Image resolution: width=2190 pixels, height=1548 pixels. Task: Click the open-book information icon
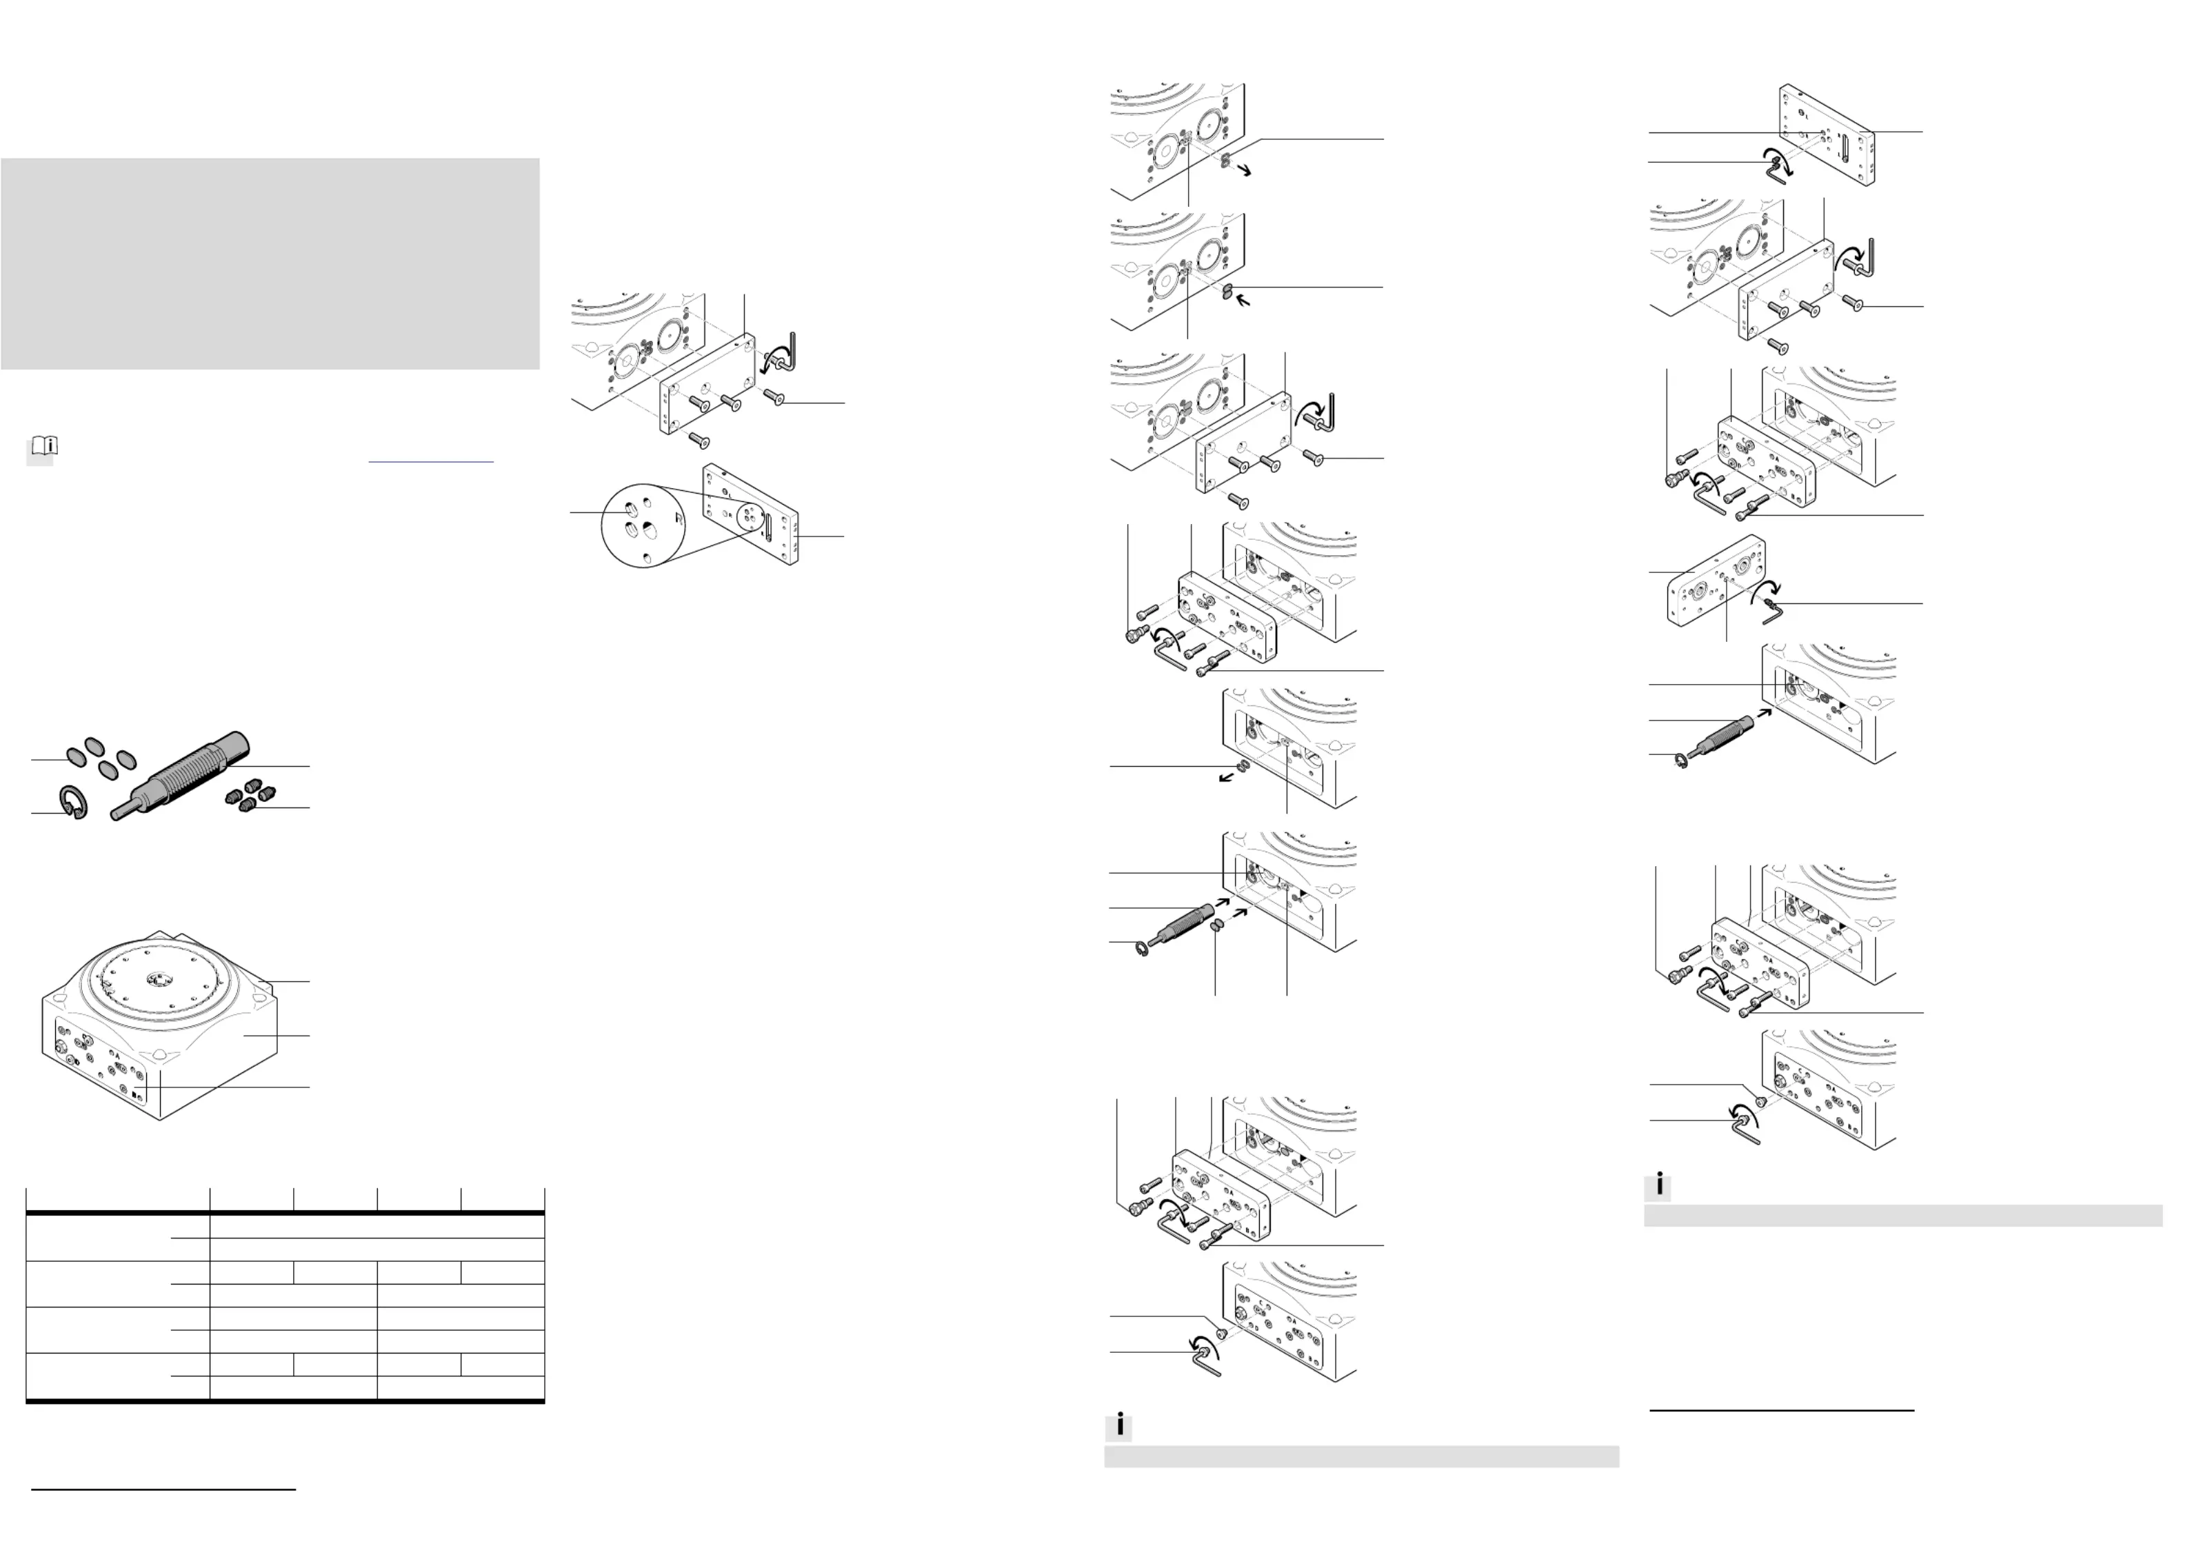45,445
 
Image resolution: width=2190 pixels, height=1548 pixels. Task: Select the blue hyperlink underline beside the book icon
430,461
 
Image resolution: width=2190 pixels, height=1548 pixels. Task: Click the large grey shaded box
270,263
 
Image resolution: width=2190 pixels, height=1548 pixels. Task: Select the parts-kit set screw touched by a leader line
248,807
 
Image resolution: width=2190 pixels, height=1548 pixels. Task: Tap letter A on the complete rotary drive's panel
117,1057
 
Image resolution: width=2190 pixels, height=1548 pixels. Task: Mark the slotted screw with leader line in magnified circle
630,513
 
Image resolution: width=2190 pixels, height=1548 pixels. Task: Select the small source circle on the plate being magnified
750,519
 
